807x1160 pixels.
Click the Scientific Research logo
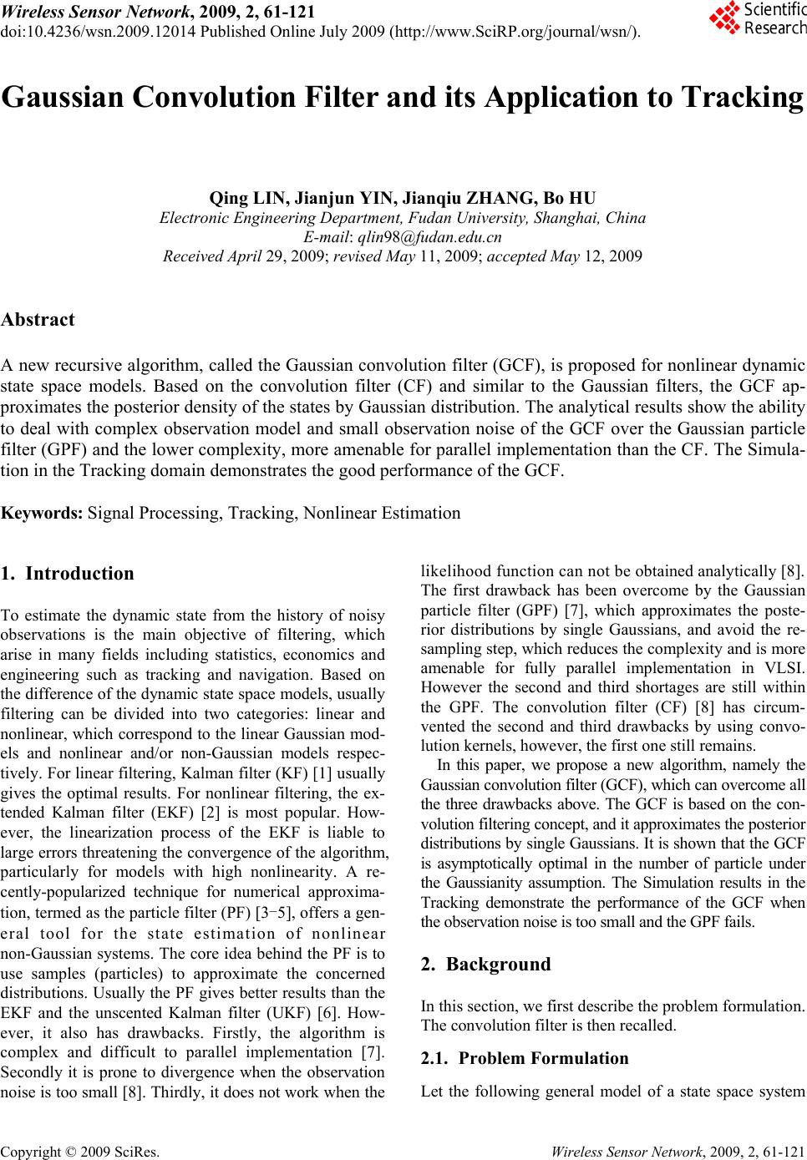(x=758, y=19)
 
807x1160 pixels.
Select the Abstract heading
(x=38, y=320)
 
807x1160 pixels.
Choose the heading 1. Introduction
(x=68, y=574)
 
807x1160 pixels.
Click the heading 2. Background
(x=486, y=965)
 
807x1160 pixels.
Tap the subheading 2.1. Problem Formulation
(x=525, y=1058)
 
